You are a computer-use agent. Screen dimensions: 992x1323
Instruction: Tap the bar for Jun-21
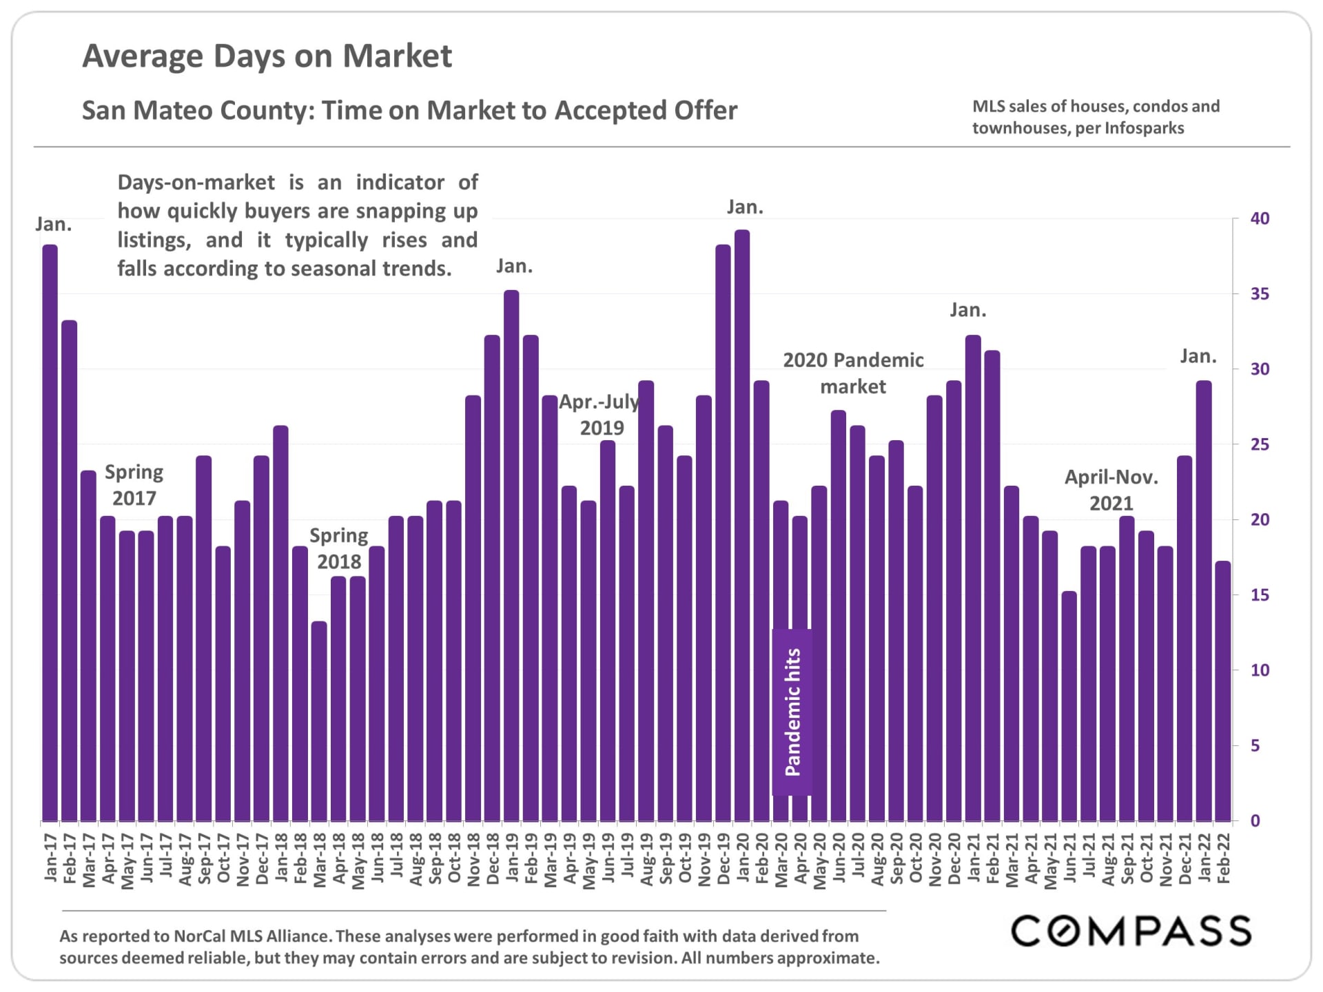[1069, 705]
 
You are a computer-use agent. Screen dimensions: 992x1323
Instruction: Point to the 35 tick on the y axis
[1260, 294]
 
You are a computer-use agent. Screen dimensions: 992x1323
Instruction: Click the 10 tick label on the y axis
[1260, 670]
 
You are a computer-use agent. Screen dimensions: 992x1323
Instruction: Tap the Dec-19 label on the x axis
[724, 858]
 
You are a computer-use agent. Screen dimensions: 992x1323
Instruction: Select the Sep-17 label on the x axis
[204, 858]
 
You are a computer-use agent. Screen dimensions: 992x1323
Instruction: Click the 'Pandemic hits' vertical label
[792, 712]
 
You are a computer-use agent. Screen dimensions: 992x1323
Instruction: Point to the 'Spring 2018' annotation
[338, 548]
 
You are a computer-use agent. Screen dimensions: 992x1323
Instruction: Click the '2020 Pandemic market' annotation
[853, 373]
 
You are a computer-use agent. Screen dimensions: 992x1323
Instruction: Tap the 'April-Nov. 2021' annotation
[1111, 490]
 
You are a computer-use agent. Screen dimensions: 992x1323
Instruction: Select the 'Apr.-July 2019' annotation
[599, 415]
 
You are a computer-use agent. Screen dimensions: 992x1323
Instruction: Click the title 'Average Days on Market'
[267, 56]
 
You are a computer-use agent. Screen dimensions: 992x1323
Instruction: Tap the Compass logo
[1131, 931]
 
